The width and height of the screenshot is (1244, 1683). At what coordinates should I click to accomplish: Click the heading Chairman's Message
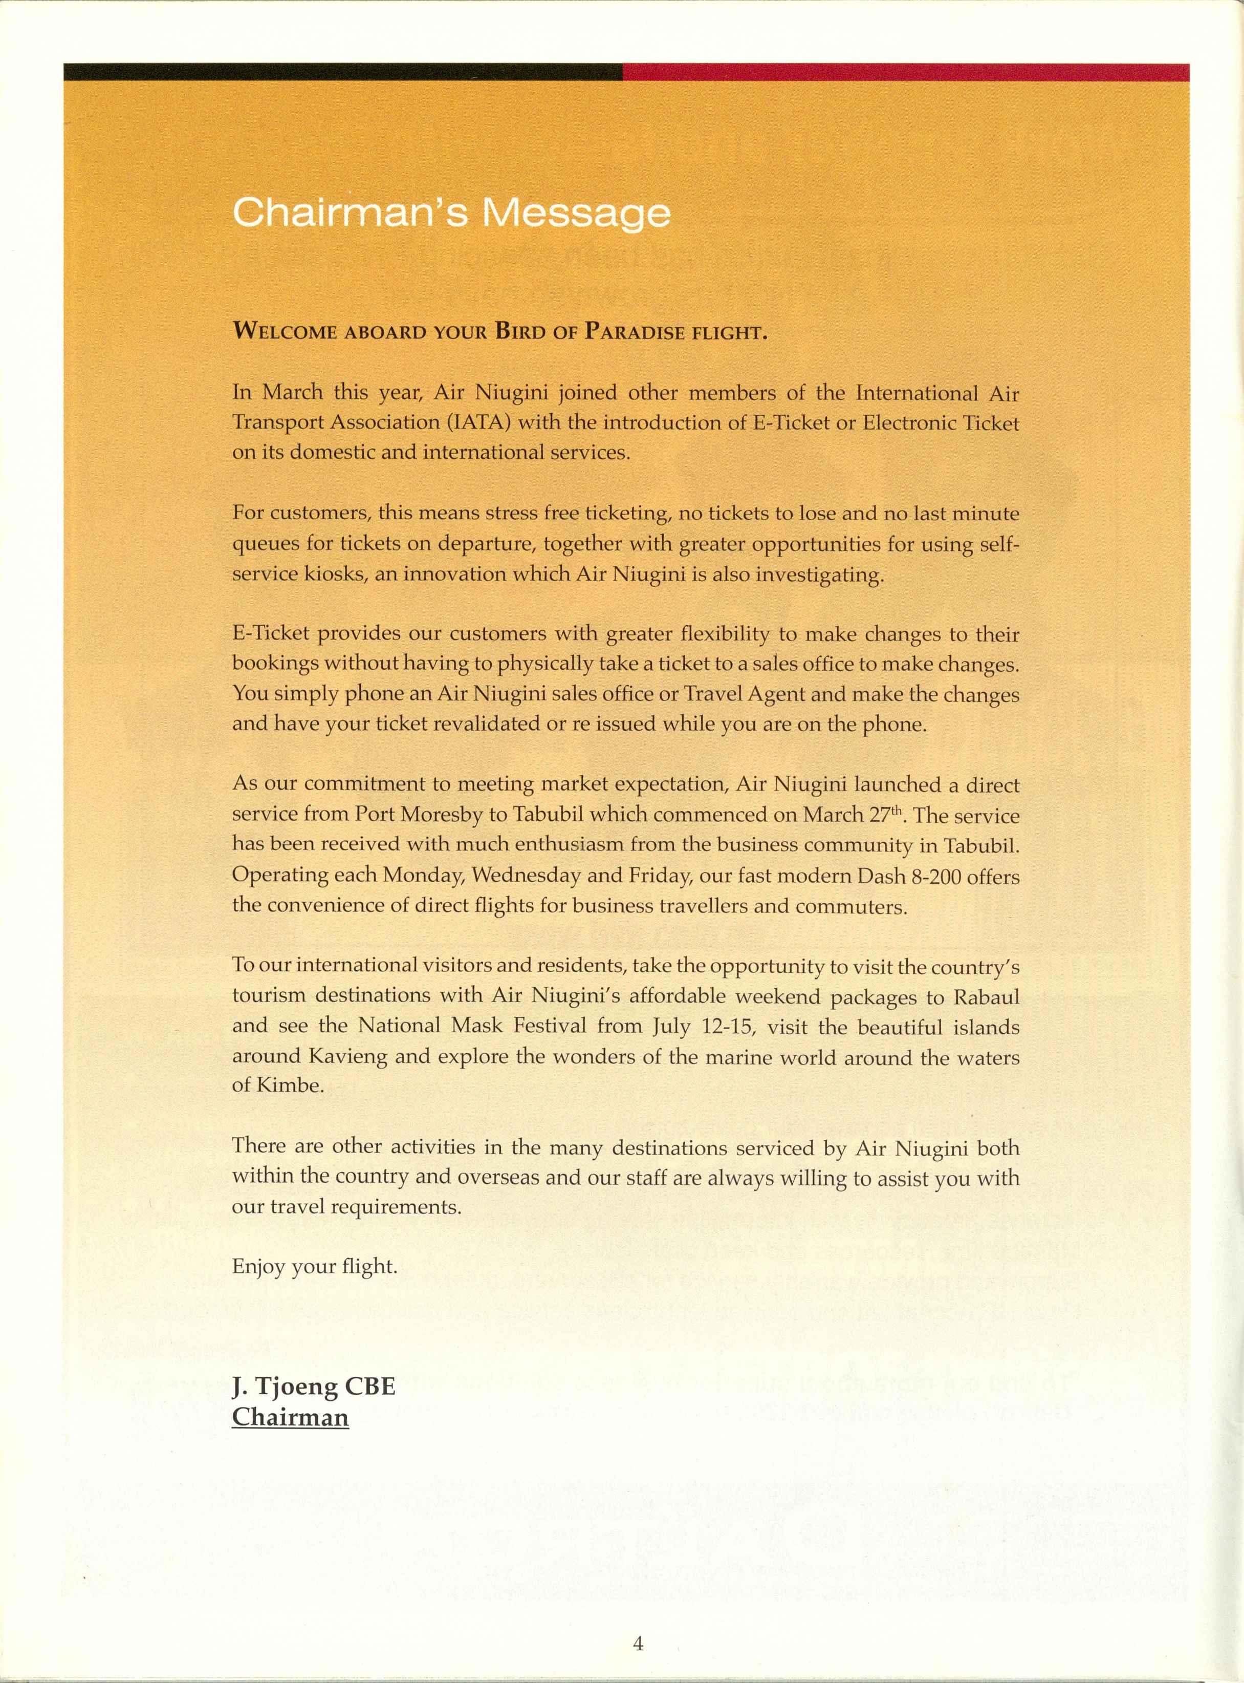coord(451,213)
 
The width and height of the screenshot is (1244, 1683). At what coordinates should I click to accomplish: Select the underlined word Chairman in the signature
coord(290,1417)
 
